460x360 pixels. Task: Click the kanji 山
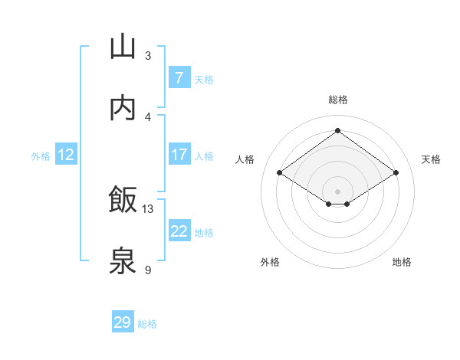(x=123, y=47)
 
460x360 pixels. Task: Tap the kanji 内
(x=123, y=108)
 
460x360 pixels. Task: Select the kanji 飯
(x=123, y=200)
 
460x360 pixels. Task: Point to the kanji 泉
(x=123, y=261)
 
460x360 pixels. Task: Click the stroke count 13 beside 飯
(x=148, y=208)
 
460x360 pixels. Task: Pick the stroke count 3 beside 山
(x=148, y=55)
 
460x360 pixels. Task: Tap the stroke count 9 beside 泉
(x=148, y=270)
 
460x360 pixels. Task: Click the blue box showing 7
(x=179, y=78)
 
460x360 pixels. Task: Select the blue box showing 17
(x=179, y=155)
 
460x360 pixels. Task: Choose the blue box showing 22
(x=179, y=231)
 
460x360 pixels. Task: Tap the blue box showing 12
(x=66, y=155)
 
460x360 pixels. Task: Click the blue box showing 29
(x=123, y=322)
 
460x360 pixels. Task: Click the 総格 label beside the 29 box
(x=147, y=324)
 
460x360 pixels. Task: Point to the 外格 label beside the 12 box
(x=41, y=156)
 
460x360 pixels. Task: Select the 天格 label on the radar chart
(x=431, y=159)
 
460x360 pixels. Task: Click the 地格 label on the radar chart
(x=402, y=262)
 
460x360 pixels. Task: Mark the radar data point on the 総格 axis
(x=337, y=130)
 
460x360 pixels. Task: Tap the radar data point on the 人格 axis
(x=280, y=173)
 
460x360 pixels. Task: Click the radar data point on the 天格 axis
(x=396, y=173)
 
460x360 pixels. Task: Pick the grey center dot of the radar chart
(x=337, y=191)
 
